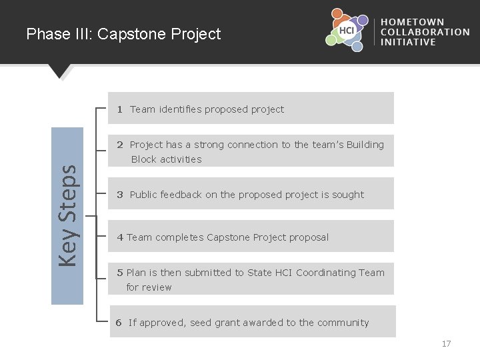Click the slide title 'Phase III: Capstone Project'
[x=123, y=34]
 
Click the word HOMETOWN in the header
[x=413, y=22]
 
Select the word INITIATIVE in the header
[x=408, y=42]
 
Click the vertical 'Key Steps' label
[x=67, y=215]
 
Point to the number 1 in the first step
[x=120, y=109]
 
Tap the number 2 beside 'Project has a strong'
[x=120, y=145]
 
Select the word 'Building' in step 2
[x=365, y=145]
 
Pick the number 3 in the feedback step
[x=120, y=195]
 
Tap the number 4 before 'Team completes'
[x=120, y=237]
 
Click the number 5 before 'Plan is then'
[x=120, y=273]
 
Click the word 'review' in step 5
[x=157, y=287]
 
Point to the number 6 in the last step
[x=119, y=323]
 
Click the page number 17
[x=446, y=344]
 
